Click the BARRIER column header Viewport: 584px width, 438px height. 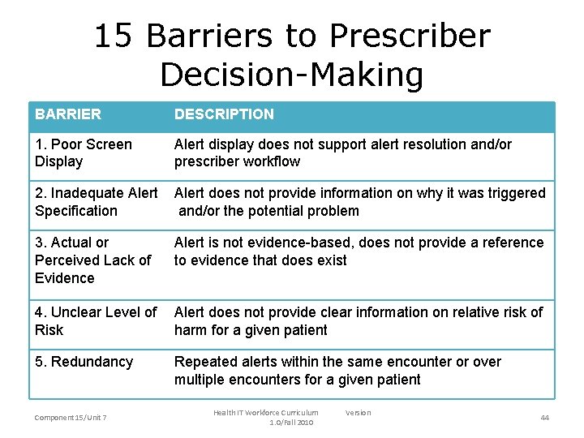(68, 114)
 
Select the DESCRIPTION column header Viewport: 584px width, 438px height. (224, 114)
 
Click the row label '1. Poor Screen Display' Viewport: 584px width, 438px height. (83, 152)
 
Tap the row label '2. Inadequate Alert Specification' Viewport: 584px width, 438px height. (96, 202)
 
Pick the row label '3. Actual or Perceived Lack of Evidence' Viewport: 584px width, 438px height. (92, 260)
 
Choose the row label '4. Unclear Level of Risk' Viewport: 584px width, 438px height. (96, 321)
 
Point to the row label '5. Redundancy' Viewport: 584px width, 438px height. (84, 362)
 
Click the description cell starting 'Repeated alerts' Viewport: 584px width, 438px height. (337, 371)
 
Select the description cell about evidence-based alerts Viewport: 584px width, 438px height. (359, 251)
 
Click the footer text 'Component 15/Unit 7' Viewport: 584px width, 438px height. (71, 417)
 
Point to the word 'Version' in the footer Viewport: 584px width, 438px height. (358, 413)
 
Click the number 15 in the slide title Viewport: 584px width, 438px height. (114, 36)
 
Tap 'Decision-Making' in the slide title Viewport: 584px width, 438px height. (292, 75)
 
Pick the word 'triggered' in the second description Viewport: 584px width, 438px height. (516, 193)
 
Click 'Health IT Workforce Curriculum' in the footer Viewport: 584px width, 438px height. (266, 413)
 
